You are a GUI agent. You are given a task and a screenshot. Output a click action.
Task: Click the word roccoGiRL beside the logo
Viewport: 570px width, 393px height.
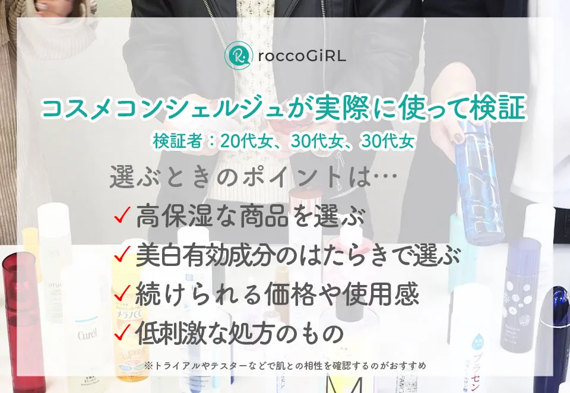(x=302, y=56)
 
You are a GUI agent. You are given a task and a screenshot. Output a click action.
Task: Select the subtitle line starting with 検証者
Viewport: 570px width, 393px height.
(x=283, y=141)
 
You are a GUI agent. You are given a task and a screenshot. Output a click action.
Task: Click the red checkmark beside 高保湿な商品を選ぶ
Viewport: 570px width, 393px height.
(x=122, y=217)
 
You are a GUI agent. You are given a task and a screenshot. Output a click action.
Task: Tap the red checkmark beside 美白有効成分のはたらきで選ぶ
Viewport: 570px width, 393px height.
(x=122, y=255)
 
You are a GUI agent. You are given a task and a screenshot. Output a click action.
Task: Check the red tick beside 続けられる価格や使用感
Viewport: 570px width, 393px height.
(x=122, y=293)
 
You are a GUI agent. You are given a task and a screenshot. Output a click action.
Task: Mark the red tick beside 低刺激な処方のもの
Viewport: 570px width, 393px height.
(x=122, y=333)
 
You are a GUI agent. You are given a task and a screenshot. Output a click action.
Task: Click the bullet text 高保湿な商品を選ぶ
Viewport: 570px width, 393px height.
(x=250, y=217)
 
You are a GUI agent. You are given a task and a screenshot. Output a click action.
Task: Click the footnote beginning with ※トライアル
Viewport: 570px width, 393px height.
(x=285, y=366)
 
